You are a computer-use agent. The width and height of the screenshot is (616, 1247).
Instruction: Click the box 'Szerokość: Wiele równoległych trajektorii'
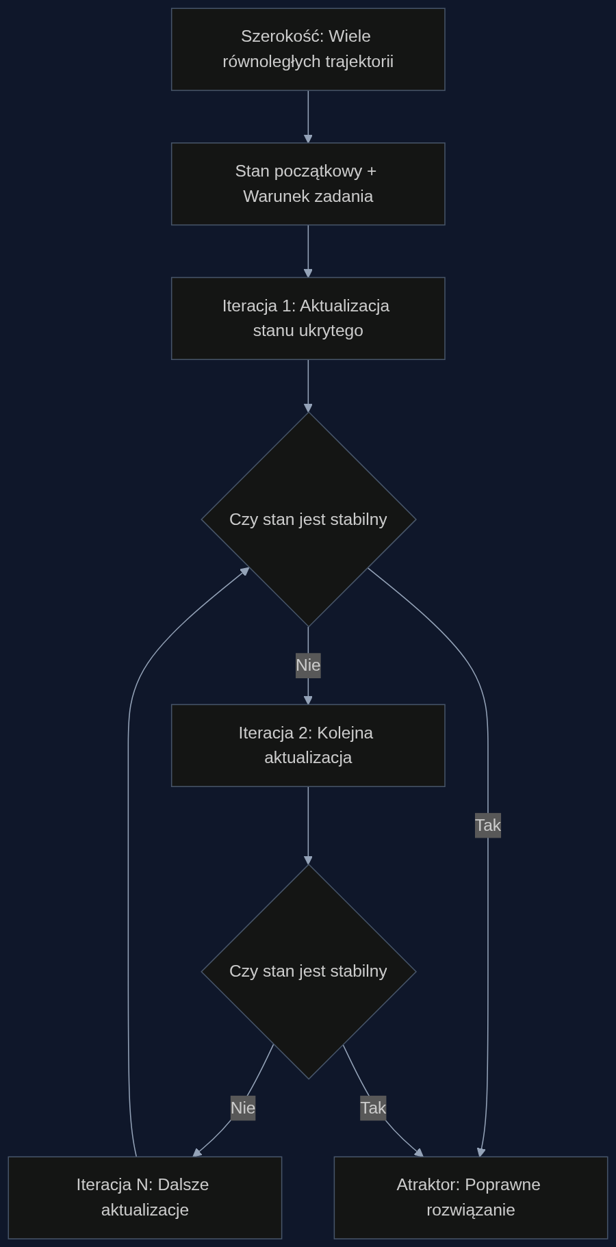[308, 49]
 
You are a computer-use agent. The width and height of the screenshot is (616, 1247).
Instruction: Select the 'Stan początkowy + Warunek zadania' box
[308, 183]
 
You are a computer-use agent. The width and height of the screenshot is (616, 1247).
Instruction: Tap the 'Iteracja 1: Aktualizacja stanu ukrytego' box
[308, 318]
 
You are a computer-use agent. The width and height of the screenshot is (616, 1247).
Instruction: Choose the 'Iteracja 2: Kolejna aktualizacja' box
[308, 745]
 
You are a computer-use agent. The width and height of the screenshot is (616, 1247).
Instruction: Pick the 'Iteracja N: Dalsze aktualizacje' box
[145, 1198]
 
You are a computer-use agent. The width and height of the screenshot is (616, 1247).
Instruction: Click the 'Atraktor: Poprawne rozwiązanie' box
[471, 1198]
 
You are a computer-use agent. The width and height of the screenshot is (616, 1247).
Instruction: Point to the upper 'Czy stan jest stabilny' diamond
[309, 519]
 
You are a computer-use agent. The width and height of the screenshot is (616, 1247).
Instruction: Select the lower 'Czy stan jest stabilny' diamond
[309, 971]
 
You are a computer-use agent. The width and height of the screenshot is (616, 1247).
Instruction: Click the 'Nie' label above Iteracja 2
[308, 665]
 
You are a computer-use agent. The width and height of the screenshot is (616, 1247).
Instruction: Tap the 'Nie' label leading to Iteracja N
[243, 1107]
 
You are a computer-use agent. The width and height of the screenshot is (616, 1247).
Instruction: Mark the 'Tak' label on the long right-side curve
[488, 825]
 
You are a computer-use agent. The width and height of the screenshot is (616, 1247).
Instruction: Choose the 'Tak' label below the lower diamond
[373, 1107]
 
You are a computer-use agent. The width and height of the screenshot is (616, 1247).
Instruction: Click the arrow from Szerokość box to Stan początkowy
[308, 116]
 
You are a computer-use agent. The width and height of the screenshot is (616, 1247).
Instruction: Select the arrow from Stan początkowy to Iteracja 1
[308, 251]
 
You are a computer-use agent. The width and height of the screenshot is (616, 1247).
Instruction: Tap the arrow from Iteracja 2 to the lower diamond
[308, 825]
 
